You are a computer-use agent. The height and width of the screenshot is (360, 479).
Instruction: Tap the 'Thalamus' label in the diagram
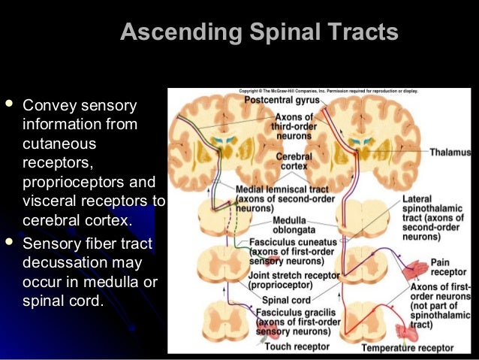(450, 151)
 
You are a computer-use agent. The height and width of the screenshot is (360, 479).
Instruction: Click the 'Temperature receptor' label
(408, 348)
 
